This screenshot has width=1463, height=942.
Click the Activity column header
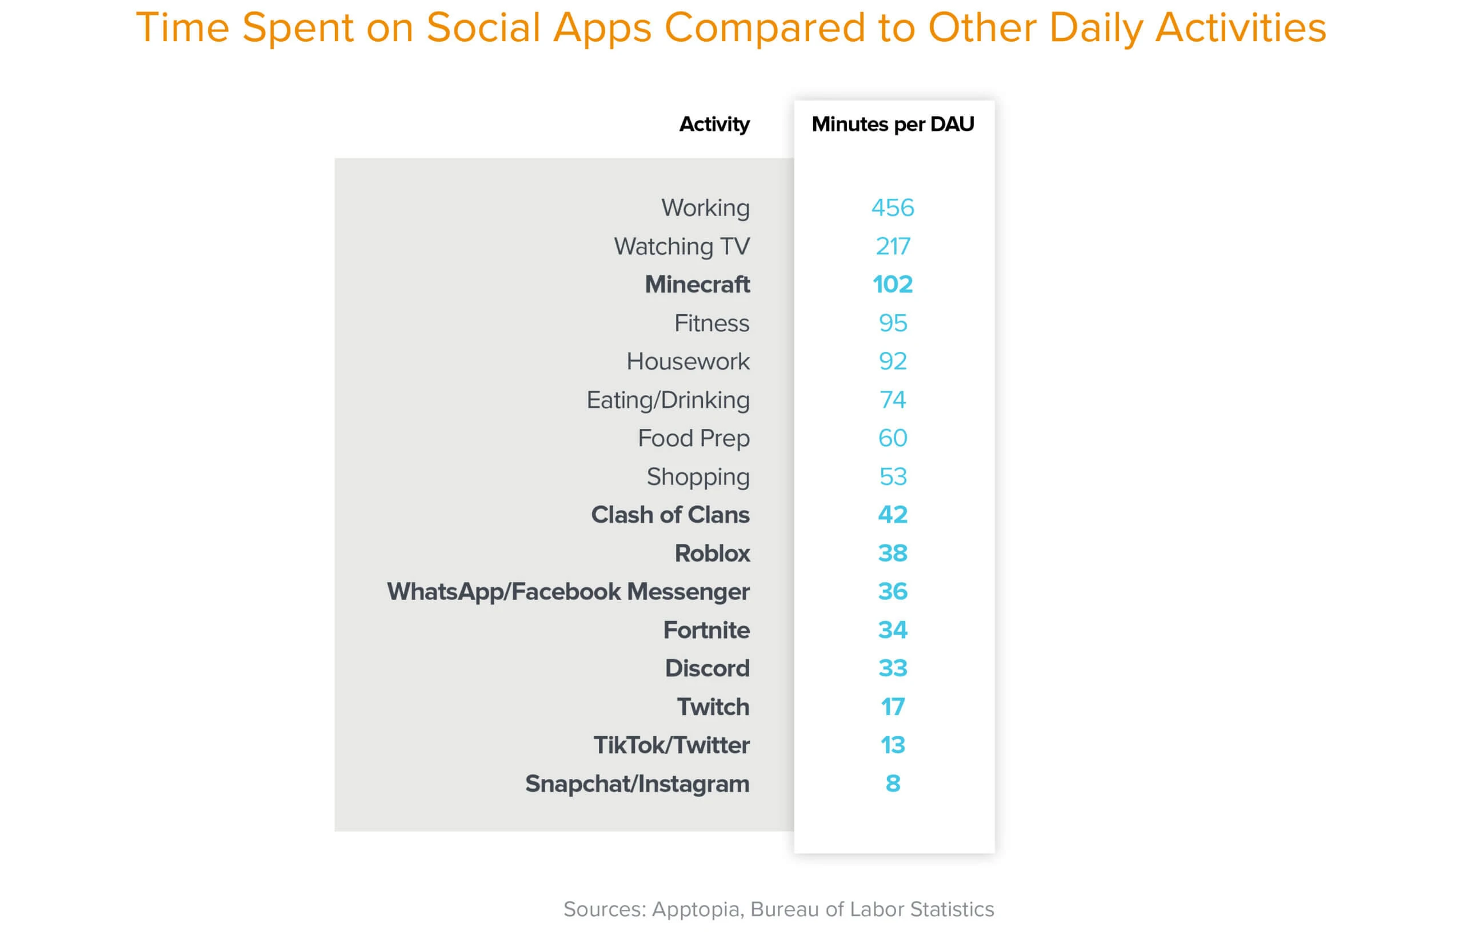pyautogui.click(x=714, y=124)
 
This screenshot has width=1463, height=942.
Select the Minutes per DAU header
pyautogui.click(x=893, y=124)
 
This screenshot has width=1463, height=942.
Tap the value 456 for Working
pyautogui.click(x=893, y=208)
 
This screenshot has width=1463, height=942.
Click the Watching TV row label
pyautogui.click(x=682, y=247)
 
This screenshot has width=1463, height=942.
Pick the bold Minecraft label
pyautogui.click(x=697, y=284)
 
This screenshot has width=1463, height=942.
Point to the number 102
pyautogui.click(x=893, y=284)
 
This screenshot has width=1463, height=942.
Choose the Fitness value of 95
pyautogui.click(x=893, y=323)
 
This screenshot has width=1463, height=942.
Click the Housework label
pyautogui.click(x=687, y=362)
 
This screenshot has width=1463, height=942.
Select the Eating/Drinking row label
pyautogui.click(x=668, y=400)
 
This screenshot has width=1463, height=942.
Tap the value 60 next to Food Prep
pyautogui.click(x=893, y=438)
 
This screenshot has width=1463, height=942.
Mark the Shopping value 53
pyautogui.click(x=893, y=476)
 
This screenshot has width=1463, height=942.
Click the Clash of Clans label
pyautogui.click(x=670, y=515)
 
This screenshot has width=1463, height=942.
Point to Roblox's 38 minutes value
pyautogui.click(x=893, y=554)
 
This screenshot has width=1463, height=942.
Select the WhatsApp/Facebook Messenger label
pyautogui.click(x=568, y=591)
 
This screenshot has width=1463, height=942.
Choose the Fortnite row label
pyautogui.click(x=706, y=630)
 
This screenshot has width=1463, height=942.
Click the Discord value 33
pyautogui.click(x=893, y=668)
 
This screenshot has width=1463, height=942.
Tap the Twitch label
pyautogui.click(x=713, y=707)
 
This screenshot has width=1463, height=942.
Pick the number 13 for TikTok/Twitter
pyautogui.click(x=893, y=745)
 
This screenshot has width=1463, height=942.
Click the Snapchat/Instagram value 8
pyautogui.click(x=893, y=784)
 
